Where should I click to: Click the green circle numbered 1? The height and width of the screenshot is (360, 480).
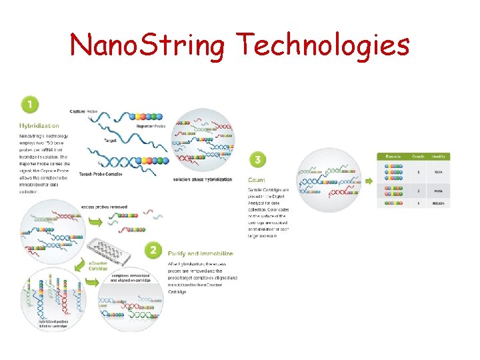coord(30,105)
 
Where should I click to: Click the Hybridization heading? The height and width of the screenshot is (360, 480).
coord(39,125)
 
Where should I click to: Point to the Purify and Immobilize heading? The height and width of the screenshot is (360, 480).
coord(200,253)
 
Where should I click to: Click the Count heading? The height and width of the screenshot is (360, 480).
coord(256,180)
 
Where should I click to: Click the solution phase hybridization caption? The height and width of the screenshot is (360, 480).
coord(203,179)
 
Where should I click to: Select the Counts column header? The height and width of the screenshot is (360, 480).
coord(418,157)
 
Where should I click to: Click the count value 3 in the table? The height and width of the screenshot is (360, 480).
coord(418,172)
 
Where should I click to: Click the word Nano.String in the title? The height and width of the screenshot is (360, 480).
coord(147,45)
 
